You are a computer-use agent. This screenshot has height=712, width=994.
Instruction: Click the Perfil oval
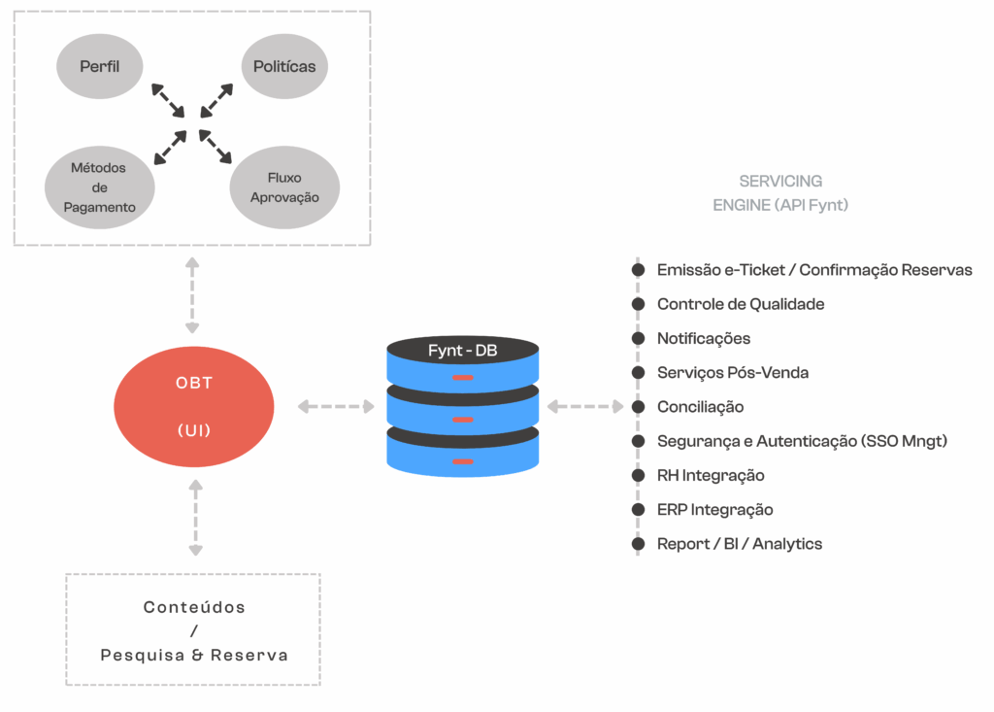(x=99, y=68)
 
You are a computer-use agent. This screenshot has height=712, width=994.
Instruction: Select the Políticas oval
(x=284, y=67)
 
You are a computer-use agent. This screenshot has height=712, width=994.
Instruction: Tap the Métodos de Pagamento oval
(x=99, y=187)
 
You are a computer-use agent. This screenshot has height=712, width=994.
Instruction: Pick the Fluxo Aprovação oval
(x=284, y=188)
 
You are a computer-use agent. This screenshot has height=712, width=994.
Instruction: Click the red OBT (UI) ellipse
(x=195, y=406)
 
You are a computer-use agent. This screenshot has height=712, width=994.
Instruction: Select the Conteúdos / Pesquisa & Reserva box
(x=193, y=630)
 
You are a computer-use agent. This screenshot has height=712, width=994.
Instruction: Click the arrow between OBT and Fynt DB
(x=335, y=406)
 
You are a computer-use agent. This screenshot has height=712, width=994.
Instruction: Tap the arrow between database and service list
(x=585, y=406)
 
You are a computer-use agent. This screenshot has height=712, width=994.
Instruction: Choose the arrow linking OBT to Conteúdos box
(x=195, y=518)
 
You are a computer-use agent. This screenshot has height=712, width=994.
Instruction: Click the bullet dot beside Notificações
(x=638, y=339)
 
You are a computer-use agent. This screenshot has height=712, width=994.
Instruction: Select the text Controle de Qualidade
(x=741, y=304)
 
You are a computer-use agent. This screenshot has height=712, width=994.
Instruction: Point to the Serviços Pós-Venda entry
(x=733, y=373)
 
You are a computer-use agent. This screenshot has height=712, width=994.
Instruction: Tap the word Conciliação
(x=700, y=407)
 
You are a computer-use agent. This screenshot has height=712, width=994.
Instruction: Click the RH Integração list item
(x=711, y=476)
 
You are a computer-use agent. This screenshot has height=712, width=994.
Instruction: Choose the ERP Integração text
(x=714, y=510)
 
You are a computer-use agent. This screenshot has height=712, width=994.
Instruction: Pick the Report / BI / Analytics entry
(x=739, y=544)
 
